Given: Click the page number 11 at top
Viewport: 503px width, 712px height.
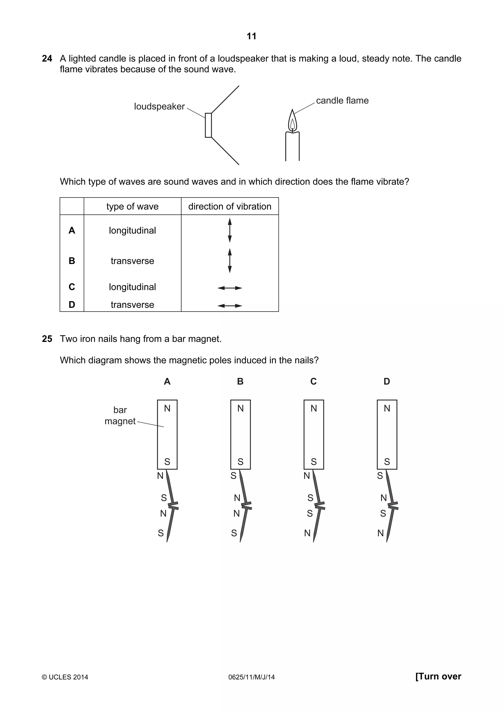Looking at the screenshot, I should (251, 36).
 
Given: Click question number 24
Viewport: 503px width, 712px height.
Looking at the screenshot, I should (47, 59).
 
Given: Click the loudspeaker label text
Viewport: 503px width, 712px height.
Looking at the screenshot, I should (159, 106).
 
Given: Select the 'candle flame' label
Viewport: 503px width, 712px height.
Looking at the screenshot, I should (342, 100).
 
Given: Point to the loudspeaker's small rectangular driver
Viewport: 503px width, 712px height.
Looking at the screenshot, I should (208, 125).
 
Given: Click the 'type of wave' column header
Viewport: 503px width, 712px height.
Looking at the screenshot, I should (132, 207).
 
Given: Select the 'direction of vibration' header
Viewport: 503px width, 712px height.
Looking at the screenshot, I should (230, 207).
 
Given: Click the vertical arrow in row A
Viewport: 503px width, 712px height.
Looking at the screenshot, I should (230, 230).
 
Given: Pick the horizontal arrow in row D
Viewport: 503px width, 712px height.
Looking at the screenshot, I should (230, 306).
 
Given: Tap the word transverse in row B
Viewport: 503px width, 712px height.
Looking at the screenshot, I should (132, 261).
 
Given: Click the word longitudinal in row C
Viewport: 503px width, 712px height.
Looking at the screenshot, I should (132, 287).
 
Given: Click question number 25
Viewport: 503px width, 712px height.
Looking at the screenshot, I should (47, 339).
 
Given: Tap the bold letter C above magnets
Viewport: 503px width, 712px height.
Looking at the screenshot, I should (313, 381).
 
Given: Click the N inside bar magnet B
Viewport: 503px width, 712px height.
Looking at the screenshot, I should (240, 408).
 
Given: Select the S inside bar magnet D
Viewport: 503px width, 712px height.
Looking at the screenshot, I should (387, 462).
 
